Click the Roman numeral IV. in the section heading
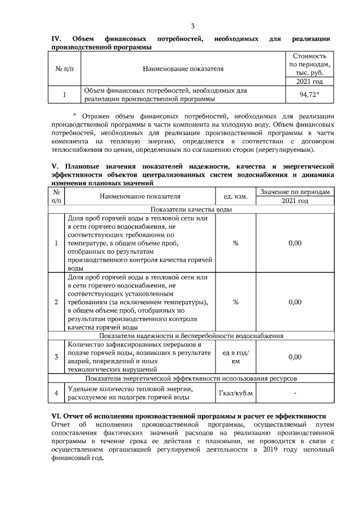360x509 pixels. (x=56, y=39)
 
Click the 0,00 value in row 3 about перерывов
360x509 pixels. (x=294, y=357)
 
